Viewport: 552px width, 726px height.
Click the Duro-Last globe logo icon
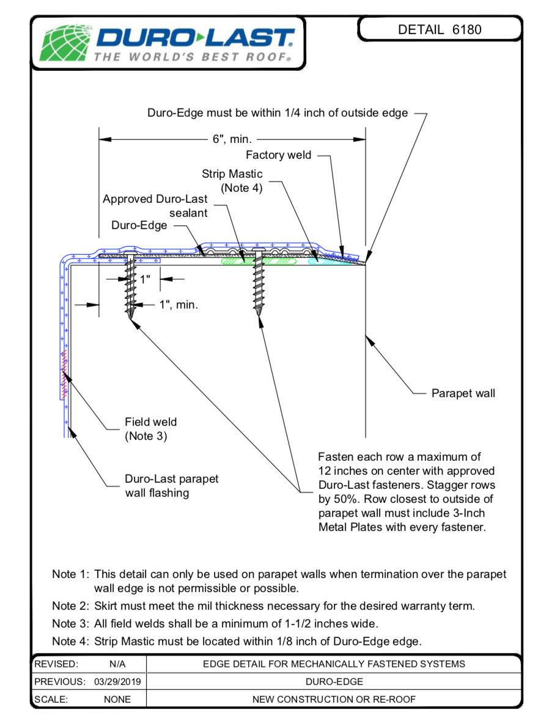point(64,43)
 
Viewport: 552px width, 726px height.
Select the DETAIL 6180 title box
point(440,29)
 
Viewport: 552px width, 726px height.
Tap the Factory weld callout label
point(278,155)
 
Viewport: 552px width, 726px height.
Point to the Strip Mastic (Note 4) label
point(233,181)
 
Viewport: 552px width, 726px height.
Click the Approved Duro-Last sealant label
point(155,206)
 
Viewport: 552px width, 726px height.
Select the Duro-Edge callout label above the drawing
point(139,226)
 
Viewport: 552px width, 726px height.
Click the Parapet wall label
point(463,393)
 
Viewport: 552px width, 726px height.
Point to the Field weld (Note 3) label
point(150,429)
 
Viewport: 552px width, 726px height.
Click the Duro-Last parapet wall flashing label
point(171,486)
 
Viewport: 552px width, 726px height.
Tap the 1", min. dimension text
point(178,304)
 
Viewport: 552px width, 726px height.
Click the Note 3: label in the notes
point(71,624)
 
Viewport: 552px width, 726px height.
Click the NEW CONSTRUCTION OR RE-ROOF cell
point(334,699)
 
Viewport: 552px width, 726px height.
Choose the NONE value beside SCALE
point(117,699)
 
